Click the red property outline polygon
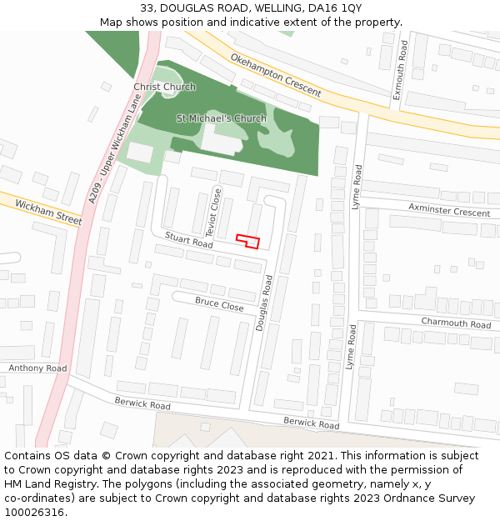(x=247, y=241)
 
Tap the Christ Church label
(x=165, y=87)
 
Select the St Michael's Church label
(x=222, y=118)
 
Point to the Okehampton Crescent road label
(x=275, y=76)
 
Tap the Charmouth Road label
(x=456, y=323)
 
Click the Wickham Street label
(x=48, y=213)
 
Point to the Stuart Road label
(x=188, y=240)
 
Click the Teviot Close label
(x=213, y=212)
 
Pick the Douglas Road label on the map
(x=264, y=303)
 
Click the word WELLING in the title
(x=276, y=8)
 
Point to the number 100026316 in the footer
(x=36, y=512)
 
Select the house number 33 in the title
(x=147, y=8)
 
